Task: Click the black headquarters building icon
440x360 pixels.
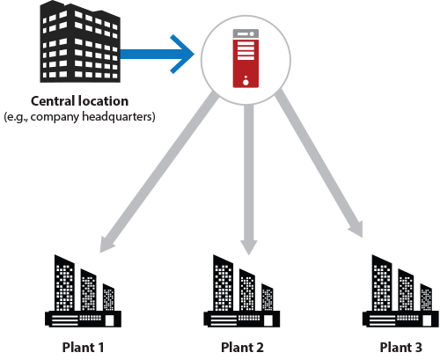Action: pos(80,41)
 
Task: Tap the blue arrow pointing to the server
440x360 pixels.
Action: pos(158,54)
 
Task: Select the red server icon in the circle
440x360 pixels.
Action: pos(246,58)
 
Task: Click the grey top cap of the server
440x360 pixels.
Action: pos(246,33)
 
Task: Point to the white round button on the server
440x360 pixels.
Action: pos(246,83)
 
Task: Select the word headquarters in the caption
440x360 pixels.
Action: pos(118,117)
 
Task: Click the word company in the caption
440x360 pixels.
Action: pos(55,117)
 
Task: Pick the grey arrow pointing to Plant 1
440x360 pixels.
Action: pos(158,172)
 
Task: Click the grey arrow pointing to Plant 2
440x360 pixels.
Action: pos(249,180)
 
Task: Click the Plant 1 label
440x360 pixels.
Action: pos(83,348)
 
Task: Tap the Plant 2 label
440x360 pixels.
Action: pos(242,348)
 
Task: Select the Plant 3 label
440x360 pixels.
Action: pos(401,348)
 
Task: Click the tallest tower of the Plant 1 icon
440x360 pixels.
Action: pos(64,283)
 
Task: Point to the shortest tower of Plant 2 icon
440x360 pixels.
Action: pos(268,298)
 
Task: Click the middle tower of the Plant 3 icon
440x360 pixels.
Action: pos(406,290)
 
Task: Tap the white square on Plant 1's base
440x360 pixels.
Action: pos(109,320)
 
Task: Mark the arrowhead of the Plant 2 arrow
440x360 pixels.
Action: pos(249,247)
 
